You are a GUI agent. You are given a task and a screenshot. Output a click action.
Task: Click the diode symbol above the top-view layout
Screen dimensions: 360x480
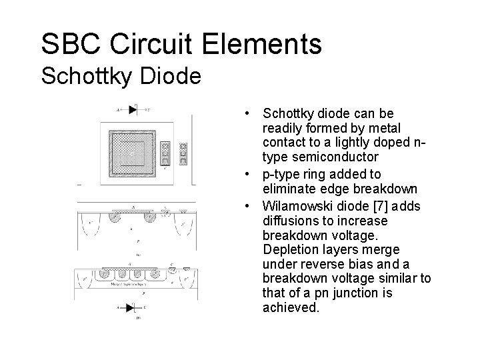click(132, 109)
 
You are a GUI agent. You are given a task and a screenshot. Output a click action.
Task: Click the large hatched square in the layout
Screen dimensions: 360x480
click(133, 153)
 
